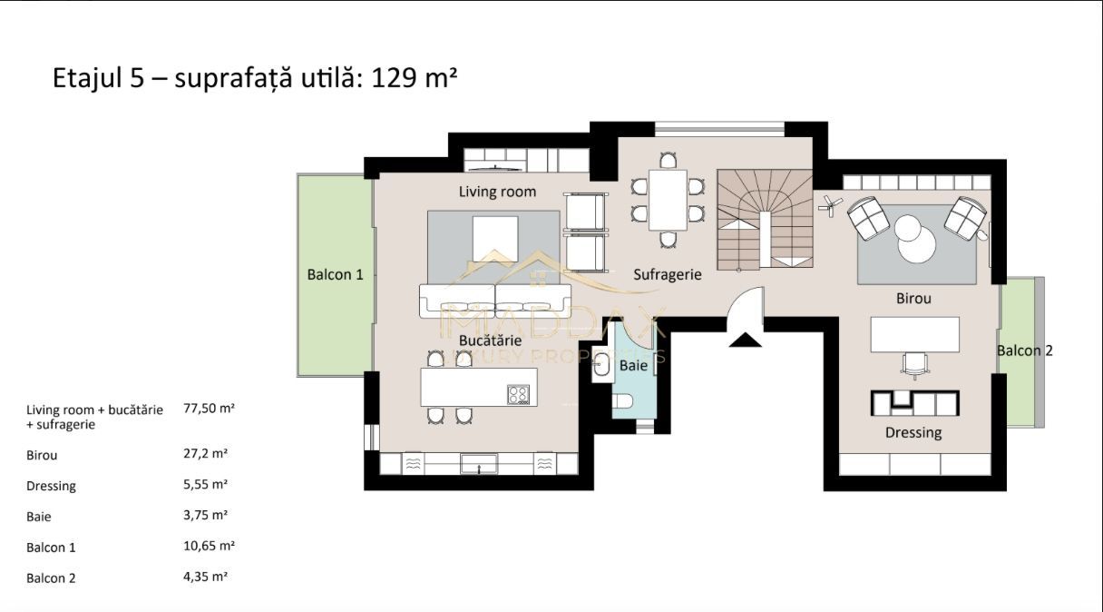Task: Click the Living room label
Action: click(x=497, y=192)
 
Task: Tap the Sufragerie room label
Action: click(x=668, y=274)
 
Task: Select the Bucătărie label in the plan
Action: click(x=490, y=341)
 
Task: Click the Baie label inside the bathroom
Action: click(x=633, y=366)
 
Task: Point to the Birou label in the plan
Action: click(x=913, y=298)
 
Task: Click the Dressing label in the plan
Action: click(x=913, y=432)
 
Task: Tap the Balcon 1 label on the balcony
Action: click(x=335, y=274)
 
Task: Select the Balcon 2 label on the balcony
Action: click(x=1024, y=350)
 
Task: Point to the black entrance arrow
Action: click(x=746, y=341)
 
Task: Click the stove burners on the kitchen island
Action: click(x=518, y=394)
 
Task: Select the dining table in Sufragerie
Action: click(x=668, y=199)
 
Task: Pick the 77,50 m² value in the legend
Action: click(x=209, y=409)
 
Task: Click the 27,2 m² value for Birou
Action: click(x=205, y=453)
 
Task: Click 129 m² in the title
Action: click(x=414, y=77)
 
